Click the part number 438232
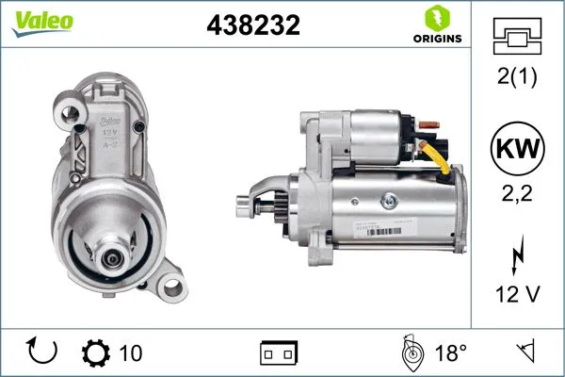tap(252, 26)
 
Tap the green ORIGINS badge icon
tap(436, 18)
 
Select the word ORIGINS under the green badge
tap(436, 39)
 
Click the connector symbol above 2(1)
tap(517, 37)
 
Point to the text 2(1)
tap(517, 76)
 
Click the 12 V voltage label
tap(517, 294)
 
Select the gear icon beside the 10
tap(97, 352)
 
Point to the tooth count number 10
tap(132, 352)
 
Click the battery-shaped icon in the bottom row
tap(279, 352)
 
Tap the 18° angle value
tap(451, 352)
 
